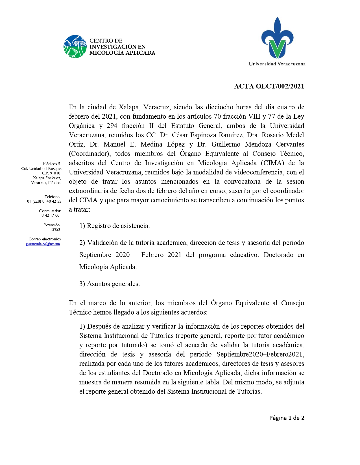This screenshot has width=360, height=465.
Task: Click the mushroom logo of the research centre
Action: [75, 46]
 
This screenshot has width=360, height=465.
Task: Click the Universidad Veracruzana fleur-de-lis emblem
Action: [277, 38]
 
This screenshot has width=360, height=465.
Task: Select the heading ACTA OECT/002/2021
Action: [269, 86]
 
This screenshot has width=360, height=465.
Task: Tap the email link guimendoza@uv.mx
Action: [43, 244]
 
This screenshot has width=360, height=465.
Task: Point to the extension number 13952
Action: [55, 229]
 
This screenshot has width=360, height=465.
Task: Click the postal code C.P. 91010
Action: [51, 173]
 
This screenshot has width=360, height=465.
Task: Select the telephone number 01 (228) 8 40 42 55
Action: [44, 201]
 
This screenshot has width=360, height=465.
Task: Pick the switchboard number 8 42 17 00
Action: [51, 215]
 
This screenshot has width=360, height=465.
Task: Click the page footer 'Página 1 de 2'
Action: [287, 418]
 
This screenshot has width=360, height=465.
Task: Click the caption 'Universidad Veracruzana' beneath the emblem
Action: [277, 64]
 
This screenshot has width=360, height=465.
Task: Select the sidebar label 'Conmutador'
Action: [50, 211]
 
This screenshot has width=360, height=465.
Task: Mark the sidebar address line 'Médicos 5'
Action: [52, 164]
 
